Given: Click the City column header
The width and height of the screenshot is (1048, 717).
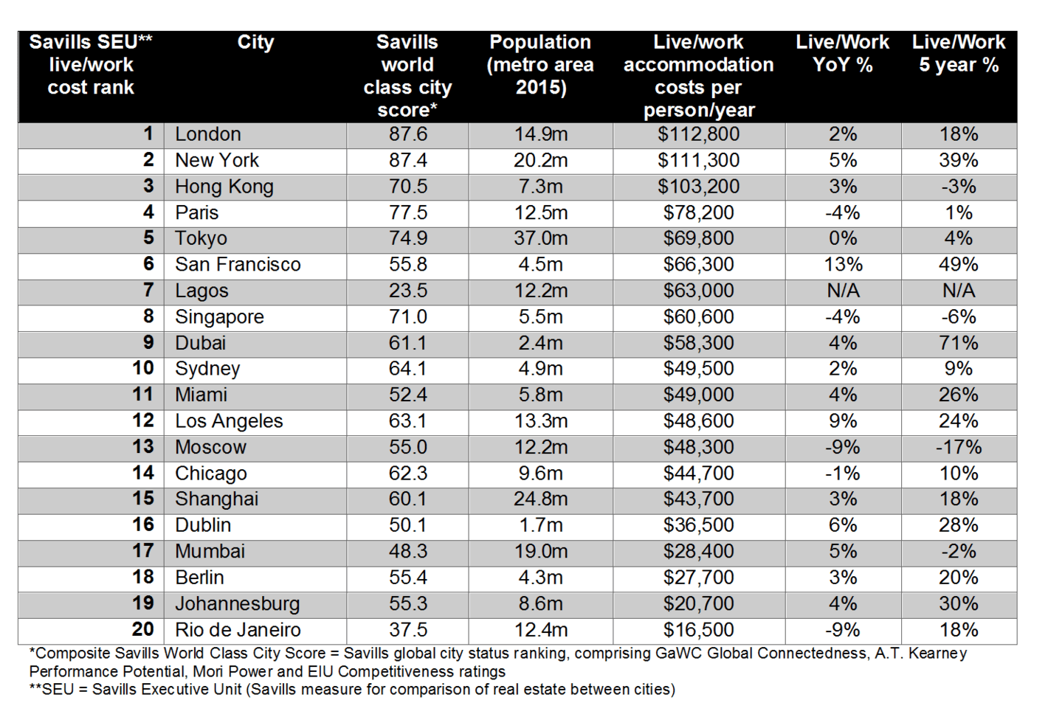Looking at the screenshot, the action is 255,43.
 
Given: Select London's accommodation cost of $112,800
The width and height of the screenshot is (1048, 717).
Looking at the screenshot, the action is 698,135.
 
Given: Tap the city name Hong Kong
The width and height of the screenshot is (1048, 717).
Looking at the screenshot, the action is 224,187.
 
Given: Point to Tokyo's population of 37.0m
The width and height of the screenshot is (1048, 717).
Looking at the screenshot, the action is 540,238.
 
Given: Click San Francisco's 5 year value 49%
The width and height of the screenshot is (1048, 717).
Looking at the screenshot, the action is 958,265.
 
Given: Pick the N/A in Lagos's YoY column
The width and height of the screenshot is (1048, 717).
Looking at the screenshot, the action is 843,291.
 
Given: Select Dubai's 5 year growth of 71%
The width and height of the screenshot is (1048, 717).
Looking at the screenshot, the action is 958,343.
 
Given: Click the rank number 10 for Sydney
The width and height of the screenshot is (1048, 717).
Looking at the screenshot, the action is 142,368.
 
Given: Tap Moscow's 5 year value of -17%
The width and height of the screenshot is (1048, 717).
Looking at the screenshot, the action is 958,448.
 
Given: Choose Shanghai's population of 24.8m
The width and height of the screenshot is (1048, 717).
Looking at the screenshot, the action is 540,499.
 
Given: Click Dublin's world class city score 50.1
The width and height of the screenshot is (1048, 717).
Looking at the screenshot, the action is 407,525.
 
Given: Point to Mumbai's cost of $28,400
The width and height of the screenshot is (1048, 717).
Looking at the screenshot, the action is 698,552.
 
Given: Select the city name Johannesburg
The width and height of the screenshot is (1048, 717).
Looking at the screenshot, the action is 237,604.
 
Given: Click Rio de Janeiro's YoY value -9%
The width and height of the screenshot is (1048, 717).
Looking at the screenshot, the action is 843,630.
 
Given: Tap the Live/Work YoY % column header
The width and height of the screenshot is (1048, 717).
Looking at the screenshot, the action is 843,54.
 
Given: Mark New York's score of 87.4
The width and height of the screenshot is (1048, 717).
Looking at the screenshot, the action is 407,160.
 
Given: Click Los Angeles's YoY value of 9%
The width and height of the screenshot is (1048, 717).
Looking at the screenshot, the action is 843,421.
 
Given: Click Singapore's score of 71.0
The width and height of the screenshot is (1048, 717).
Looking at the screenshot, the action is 407,317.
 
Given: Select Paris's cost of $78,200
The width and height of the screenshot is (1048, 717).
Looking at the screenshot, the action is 698,212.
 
